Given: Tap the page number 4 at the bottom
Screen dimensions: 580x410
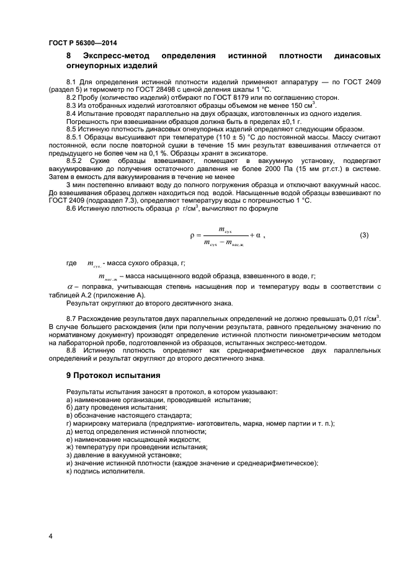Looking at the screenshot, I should pyautogui.click(x=50, y=536).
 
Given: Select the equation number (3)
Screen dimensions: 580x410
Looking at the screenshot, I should pyautogui.click(x=364, y=235).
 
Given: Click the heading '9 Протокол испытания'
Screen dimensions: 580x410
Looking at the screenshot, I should pyautogui.click(x=114, y=376).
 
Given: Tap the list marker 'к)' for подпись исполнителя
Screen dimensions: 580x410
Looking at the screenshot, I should pyautogui.click(x=69, y=471).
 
